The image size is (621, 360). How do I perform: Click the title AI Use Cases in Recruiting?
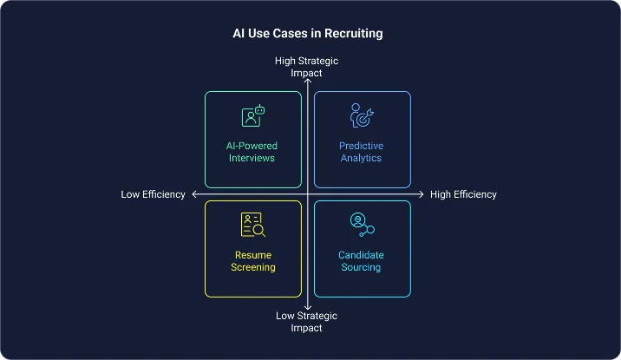[308, 34]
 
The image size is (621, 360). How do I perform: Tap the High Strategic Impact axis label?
[306, 67]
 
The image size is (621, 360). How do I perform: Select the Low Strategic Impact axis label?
[306, 322]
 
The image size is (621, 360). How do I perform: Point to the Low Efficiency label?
[153, 194]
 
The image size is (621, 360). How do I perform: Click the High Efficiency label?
[463, 194]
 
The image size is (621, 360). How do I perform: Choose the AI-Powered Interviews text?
[253, 152]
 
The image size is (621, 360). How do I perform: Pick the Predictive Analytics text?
[361, 152]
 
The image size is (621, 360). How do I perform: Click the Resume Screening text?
[253, 261]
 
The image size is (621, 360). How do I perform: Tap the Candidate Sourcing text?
[361, 261]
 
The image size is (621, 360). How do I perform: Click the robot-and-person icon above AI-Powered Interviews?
[253, 116]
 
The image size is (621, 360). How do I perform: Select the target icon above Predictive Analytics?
[361, 115]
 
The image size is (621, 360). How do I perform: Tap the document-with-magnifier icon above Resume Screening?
[253, 225]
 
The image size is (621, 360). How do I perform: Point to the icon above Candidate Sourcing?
[361, 225]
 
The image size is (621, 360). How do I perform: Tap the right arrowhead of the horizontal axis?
[421, 194]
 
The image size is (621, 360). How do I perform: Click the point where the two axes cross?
[307, 194]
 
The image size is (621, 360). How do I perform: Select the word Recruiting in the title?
[351, 34]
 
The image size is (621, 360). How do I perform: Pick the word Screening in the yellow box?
[253, 267]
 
